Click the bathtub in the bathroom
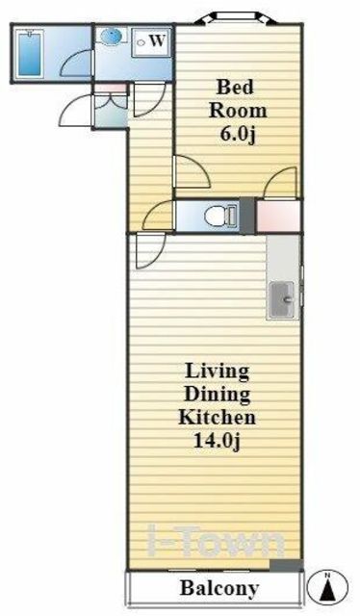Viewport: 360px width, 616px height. [x=30, y=54]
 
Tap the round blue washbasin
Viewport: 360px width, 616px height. [x=112, y=37]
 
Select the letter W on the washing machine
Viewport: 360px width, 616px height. [x=157, y=40]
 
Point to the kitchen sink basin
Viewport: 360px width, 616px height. [x=281, y=299]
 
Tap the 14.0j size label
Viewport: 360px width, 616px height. [x=217, y=441]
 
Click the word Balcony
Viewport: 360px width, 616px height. [x=219, y=588]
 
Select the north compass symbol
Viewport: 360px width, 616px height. [x=327, y=587]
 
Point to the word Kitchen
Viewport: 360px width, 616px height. [x=217, y=417]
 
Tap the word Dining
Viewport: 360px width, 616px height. [x=217, y=394]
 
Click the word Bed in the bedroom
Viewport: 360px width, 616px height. [x=235, y=87]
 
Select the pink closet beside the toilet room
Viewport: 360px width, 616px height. [x=278, y=216]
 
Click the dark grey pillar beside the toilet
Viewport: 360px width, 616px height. [x=247, y=216]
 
